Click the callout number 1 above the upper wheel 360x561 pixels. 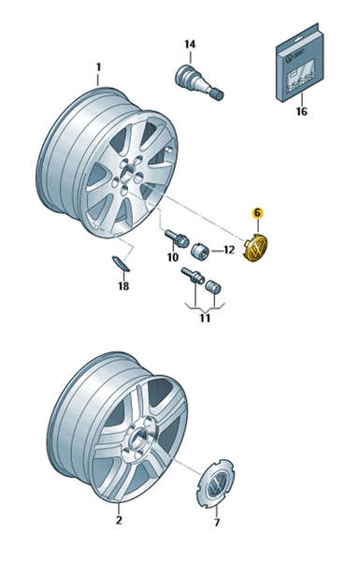click(x=98, y=67)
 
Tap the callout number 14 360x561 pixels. click(x=190, y=44)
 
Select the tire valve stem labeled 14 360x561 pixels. click(x=199, y=81)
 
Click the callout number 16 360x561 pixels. click(x=302, y=111)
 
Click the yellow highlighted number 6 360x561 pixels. click(x=257, y=213)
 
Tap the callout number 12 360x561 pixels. click(x=228, y=250)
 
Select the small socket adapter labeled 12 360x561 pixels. click(x=201, y=250)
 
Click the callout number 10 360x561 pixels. click(x=172, y=257)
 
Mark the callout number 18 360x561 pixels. click(x=123, y=286)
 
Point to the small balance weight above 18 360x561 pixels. click(x=121, y=263)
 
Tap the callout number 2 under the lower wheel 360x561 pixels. click(x=119, y=520)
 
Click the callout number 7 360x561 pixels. click(x=217, y=522)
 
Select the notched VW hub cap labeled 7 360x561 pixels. click(x=215, y=482)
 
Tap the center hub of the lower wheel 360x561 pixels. click(x=137, y=439)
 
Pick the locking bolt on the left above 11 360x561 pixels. click(x=193, y=276)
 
